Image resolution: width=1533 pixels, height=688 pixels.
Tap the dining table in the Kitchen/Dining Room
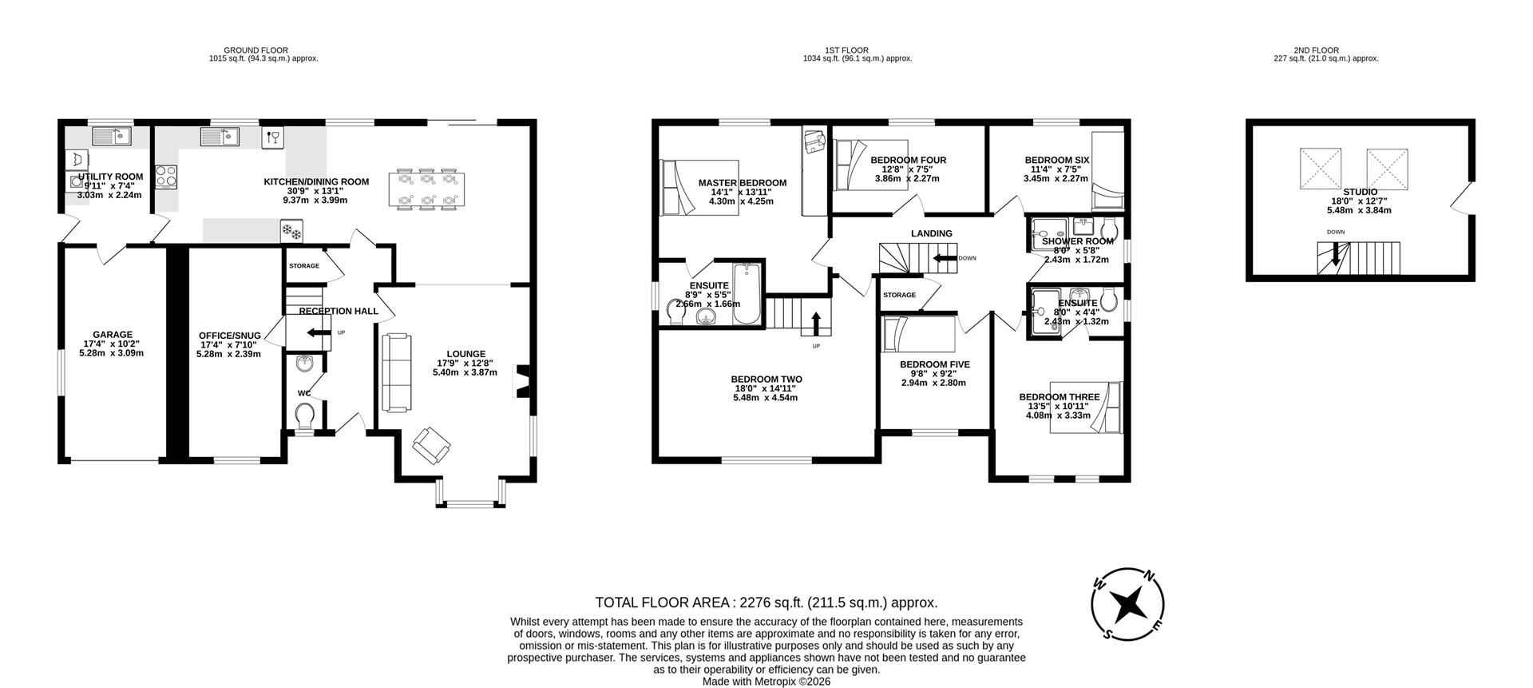click(429, 189)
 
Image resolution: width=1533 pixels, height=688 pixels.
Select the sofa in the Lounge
click(397, 372)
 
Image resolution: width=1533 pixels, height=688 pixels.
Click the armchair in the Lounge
click(431, 445)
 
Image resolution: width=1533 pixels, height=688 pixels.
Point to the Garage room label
click(112, 335)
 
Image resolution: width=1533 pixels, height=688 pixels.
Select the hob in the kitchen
click(166, 175)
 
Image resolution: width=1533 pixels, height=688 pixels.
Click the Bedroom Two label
click(766, 380)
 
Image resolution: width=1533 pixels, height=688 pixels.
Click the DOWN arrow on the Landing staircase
click(945, 258)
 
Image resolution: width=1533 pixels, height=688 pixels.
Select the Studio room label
click(1359, 192)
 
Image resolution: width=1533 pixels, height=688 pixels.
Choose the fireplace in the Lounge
click(524, 381)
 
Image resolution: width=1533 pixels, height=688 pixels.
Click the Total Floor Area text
click(766, 602)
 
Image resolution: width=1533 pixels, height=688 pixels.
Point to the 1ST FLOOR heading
click(857, 50)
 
